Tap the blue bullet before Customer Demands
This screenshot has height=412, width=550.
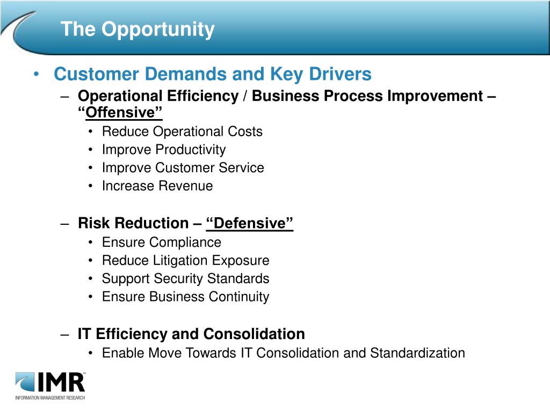tap(36, 74)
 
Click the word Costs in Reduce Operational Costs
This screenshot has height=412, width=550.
tap(245, 132)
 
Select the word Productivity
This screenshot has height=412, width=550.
tap(191, 150)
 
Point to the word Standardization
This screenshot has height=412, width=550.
tap(417, 353)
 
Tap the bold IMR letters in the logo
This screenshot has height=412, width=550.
tap(61, 382)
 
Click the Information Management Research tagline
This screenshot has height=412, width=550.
tap(50, 398)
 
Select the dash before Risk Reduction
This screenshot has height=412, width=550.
tap(64, 224)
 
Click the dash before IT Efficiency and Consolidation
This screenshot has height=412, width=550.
tap(64, 334)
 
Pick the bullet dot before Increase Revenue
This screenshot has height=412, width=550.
tap(90, 186)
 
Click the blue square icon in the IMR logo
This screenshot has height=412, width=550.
tap(25, 382)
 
